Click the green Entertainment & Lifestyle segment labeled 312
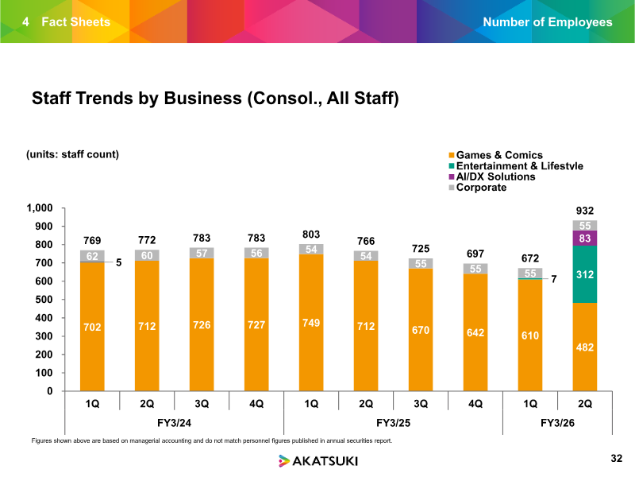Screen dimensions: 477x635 click(x=585, y=274)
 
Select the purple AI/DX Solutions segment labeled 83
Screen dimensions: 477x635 click(x=585, y=238)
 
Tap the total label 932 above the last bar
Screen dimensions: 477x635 click(x=585, y=210)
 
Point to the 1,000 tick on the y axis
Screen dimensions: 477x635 click(x=40, y=208)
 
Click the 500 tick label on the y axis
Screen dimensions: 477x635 click(x=43, y=300)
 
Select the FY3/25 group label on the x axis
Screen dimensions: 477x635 click(x=393, y=421)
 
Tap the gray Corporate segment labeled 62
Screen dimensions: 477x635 click(x=92, y=256)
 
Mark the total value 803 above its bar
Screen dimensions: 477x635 click(x=311, y=235)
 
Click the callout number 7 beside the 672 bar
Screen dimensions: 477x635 click(x=554, y=280)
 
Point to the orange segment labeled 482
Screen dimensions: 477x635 click(x=585, y=347)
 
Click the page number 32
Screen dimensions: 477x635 click(x=617, y=459)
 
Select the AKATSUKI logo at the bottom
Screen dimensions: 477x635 click(x=317, y=460)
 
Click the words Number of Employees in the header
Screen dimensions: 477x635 click(x=548, y=21)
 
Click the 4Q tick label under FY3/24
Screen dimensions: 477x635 click(x=256, y=403)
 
